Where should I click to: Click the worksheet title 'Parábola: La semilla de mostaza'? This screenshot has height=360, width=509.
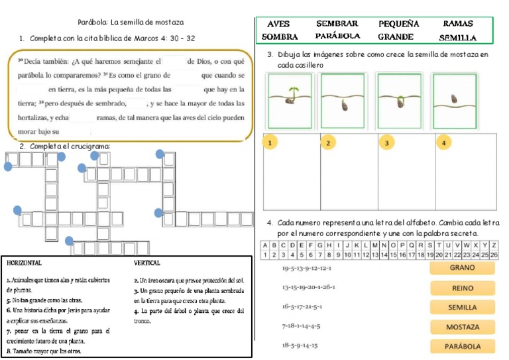pos(131,23)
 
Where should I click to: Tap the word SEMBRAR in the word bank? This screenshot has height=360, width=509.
pos(337,24)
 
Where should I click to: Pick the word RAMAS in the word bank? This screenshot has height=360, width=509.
pos(457,24)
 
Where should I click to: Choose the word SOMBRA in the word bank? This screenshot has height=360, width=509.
pos(280,36)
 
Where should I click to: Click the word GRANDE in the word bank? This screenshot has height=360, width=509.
pos(396,36)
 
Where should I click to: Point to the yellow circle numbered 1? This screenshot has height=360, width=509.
pos(270,143)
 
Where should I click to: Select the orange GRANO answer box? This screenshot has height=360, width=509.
pos(463,268)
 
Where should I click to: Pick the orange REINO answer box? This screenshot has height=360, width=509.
pos(463,288)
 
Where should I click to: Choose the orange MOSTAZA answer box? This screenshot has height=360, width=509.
pos(463,327)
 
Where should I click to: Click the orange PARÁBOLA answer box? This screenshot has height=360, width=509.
pos(463,346)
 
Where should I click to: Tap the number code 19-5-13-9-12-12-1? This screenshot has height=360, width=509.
pos(307,269)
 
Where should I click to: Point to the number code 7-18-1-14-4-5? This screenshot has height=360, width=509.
pos(302,326)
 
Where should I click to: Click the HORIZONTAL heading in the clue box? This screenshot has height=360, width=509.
pos(25,263)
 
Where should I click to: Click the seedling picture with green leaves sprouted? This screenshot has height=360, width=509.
pos(290,99)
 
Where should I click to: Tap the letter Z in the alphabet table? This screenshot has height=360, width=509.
pos(494,245)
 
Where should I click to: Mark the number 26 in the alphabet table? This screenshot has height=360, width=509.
pos(494,255)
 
